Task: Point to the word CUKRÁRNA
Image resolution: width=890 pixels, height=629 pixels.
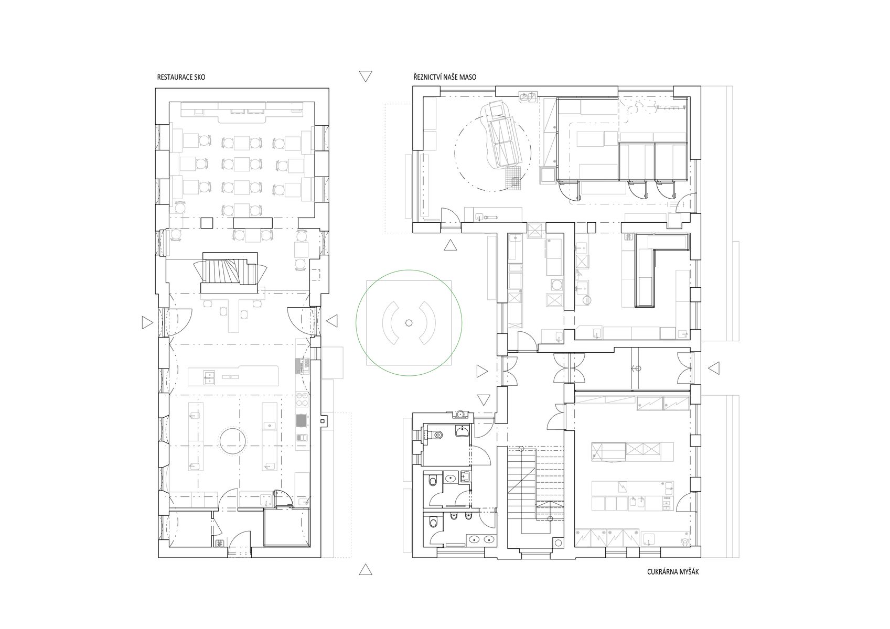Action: [663, 572]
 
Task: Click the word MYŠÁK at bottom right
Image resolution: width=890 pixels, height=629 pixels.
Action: [690, 572]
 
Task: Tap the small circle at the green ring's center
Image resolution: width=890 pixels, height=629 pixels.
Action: [409, 323]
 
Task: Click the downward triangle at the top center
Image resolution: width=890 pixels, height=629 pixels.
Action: [365, 76]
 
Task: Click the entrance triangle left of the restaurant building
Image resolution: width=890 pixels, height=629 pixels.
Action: [147, 323]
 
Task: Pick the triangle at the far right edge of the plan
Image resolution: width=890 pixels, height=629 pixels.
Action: [714, 368]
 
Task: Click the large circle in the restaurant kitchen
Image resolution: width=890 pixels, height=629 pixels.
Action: [232, 440]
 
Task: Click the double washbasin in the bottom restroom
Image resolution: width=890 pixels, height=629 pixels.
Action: [481, 539]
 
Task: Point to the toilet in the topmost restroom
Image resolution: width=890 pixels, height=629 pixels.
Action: [437, 435]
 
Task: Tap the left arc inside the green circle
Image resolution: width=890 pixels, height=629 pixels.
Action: [389, 323]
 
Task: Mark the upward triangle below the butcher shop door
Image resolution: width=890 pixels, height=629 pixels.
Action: [450, 245]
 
